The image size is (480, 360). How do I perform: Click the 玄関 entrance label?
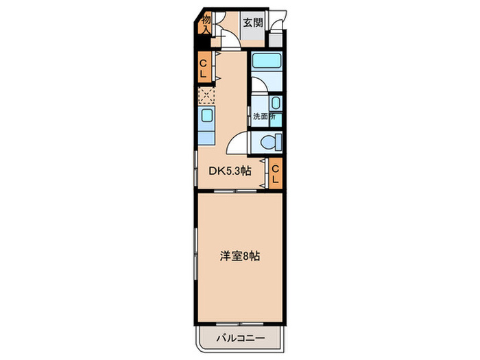coord(252,22)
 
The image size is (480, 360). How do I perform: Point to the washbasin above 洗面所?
coord(274,103)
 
